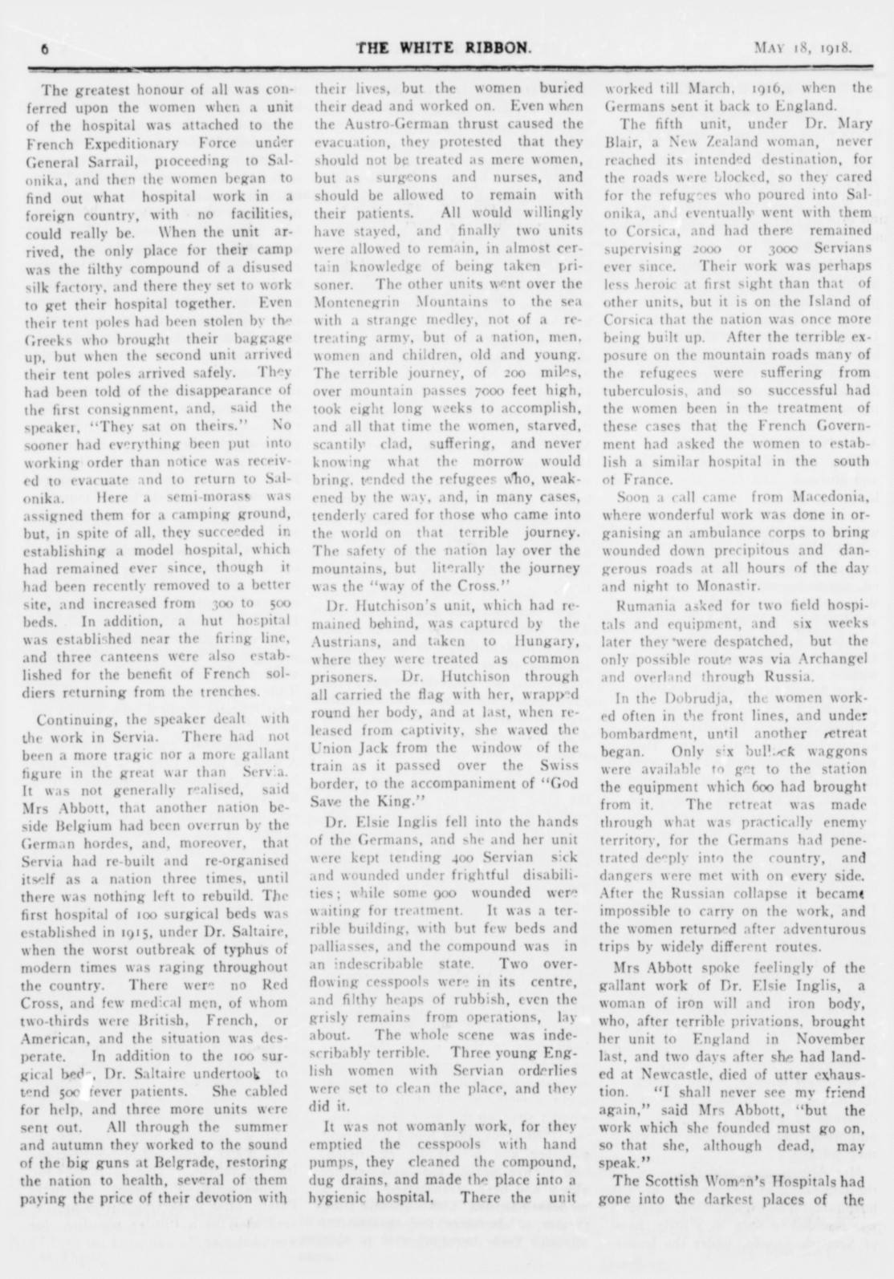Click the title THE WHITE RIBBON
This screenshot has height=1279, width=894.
click(443, 47)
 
